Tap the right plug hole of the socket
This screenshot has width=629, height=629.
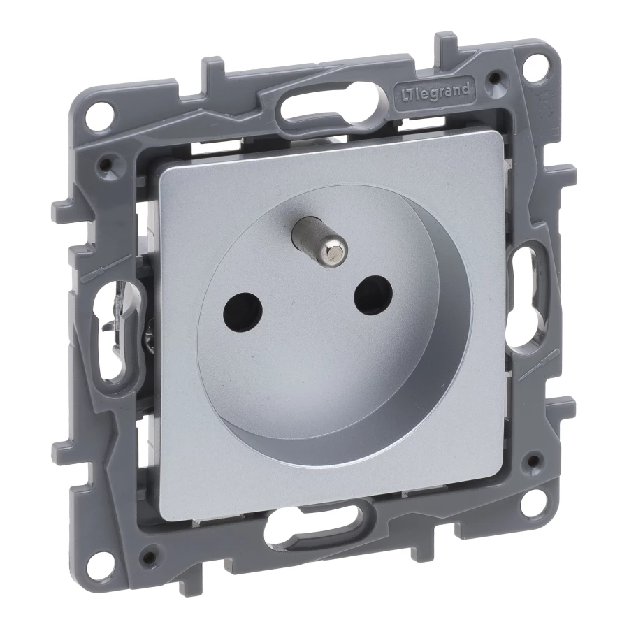[373, 295]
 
